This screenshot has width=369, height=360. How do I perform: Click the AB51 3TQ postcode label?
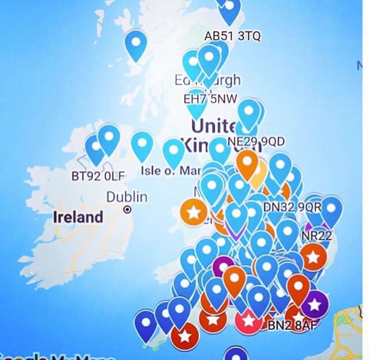[232, 36]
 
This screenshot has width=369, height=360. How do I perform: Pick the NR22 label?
[315, 236]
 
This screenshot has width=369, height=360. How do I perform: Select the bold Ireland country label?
[78, 217]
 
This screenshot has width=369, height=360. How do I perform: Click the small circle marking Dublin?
[127, 209]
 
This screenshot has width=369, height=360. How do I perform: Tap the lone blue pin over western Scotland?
[136, 44]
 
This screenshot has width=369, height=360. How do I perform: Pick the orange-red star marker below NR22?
[313, 257]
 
